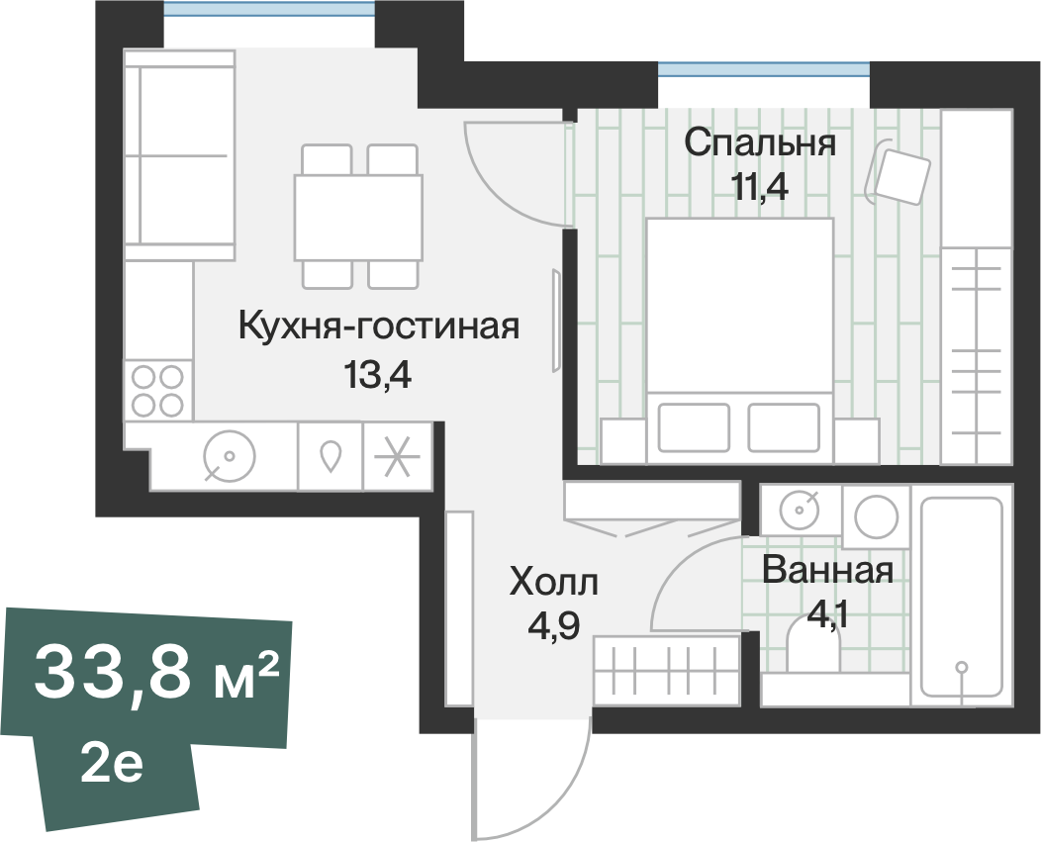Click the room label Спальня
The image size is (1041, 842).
tap(760, 143)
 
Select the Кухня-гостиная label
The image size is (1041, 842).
tap(379, 326)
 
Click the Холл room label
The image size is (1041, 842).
tap(553, 584)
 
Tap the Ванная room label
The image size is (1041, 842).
tap(828, 570)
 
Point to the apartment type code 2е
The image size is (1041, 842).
tap(112, 765)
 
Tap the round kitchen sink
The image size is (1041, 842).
tap(230, 456)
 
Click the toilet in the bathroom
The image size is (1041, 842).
tap(813, 649)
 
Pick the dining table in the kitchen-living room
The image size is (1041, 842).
tap(358, 217)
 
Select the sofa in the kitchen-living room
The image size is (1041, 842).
tap(179, 154)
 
